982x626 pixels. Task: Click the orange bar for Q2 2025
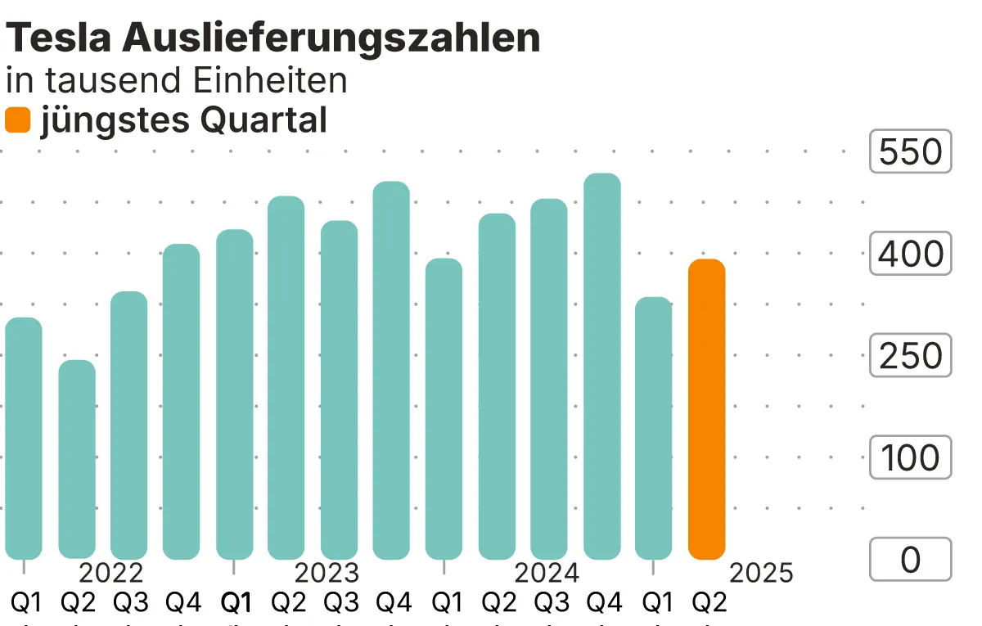click(707, 409)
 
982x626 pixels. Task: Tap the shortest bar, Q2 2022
click(77, 459)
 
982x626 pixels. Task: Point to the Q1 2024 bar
click(444, 409)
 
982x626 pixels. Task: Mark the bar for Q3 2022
click(129, 426)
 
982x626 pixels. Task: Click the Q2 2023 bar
click(286, 377)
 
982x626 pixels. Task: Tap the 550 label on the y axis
click(910, 152)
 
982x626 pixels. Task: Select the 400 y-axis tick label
click(910, 254)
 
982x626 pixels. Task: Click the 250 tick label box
click(910, 356)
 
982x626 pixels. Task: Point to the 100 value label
click(910, 457)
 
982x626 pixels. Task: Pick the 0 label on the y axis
click(910, 560)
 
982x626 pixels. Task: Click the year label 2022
click(111, 573)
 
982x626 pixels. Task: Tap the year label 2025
click(761, 573)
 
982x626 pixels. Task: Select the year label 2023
click(327, 573)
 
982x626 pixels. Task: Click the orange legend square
click(18, 121)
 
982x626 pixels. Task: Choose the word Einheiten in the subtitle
click(270, 80)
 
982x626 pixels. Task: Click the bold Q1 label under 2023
click(236, 604)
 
